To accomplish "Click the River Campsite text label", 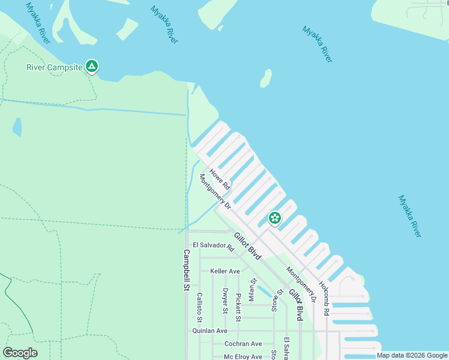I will coord(53,67).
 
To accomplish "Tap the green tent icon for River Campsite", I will coord(91,65).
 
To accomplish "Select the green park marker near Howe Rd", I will coord(274,218).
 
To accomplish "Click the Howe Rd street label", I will coord(220,179).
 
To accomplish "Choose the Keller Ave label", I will coord(225,271).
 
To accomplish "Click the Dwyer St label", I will coord(225,302).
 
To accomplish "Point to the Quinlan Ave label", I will coord(209,331).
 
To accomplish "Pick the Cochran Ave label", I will coord(243,344).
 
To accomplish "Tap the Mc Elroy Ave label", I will coord(243,357).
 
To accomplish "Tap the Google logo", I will coord(20,353).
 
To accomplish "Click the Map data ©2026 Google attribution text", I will coord(412,356).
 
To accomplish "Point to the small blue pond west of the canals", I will coord(17,127).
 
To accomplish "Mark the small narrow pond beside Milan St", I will coord(262,292).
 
